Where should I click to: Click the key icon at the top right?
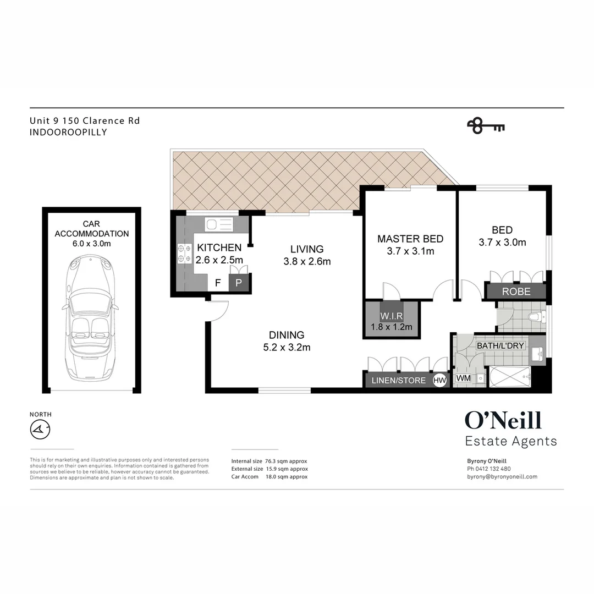coord(486,126)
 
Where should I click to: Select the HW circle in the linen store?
coord(440,380)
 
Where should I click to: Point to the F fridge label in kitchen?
coord(218,283)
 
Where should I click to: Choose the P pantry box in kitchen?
coord(239,283)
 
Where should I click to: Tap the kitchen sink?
coord(219,224)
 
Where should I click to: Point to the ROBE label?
coord(515,291)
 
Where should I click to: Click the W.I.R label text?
coord(391,317)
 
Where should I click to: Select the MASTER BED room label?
coord(410,239)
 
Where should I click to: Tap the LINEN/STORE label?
coord(399,380)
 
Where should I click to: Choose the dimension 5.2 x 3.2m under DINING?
coord(286,347)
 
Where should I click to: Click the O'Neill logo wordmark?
coord(503,421)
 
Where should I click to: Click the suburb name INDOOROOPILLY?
coord(68,132)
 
